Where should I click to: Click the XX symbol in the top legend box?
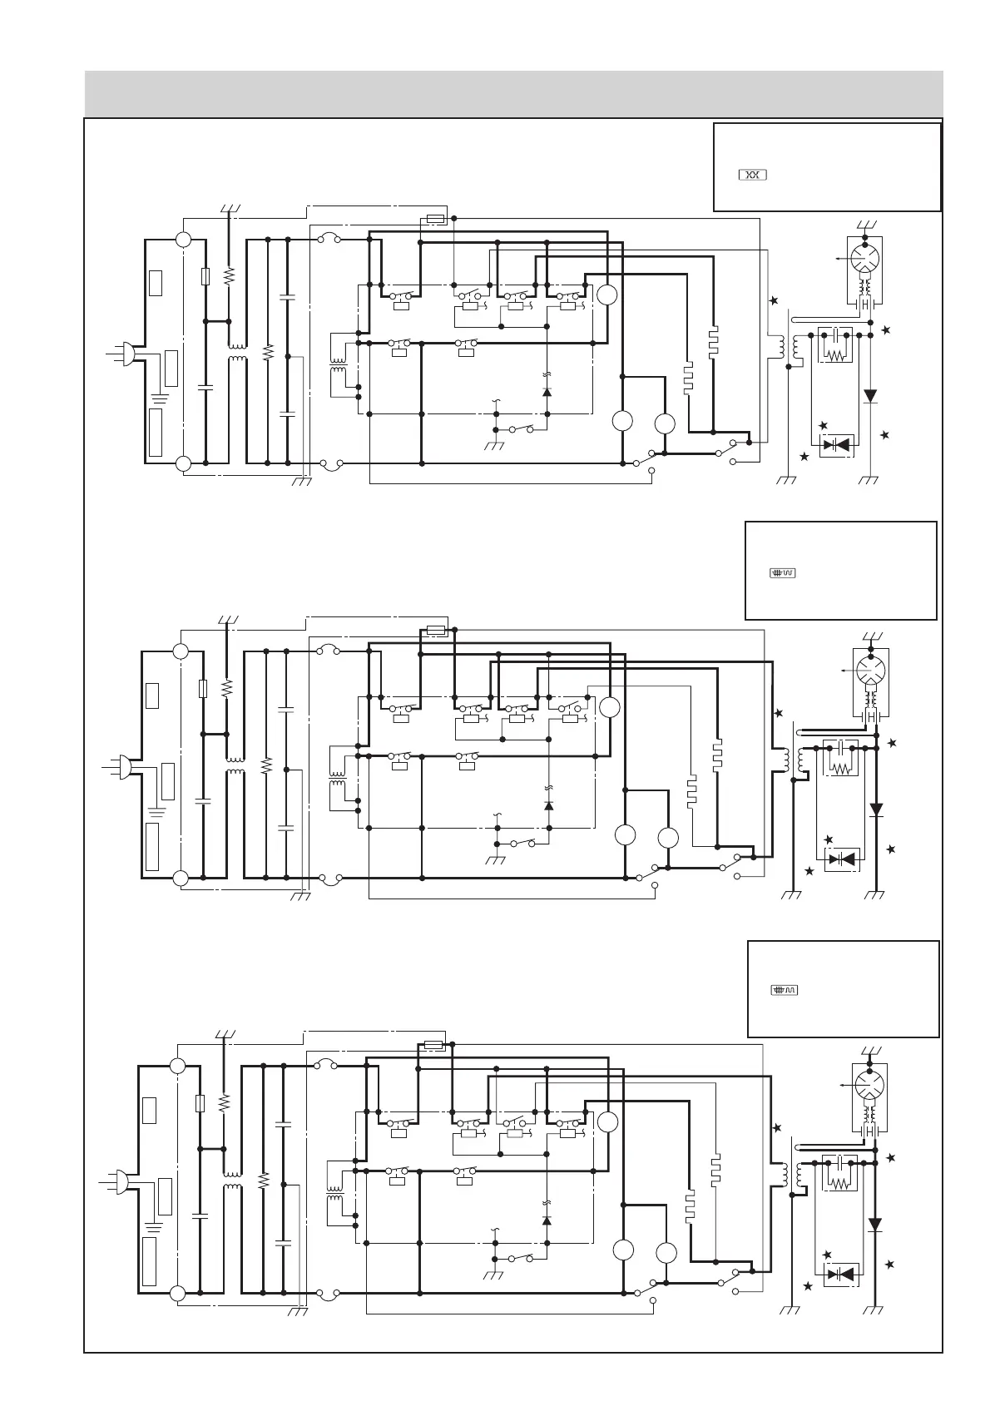[752, 175]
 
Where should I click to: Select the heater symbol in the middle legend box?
[783, 572]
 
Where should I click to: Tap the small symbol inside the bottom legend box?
[785, 990]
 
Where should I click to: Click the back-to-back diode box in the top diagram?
[835, 444]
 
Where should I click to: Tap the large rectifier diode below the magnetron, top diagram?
[870, 396]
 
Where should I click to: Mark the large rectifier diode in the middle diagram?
[875, 809]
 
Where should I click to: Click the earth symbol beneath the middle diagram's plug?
[156, 809]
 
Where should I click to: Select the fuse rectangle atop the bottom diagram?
[433, 1045]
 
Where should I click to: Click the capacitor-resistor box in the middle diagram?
[839, 759]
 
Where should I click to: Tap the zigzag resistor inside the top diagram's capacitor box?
[833, 354]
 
